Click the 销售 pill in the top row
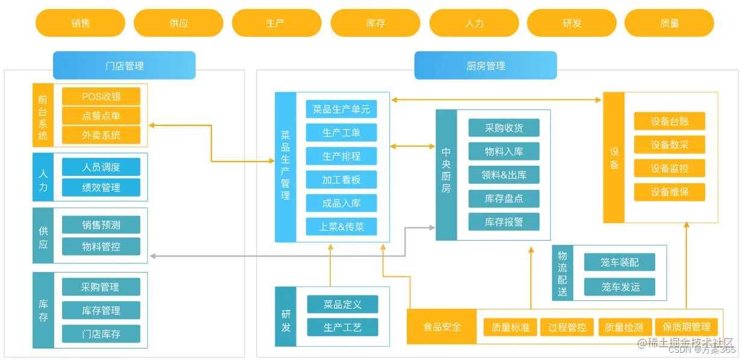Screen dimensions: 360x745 point(80,23)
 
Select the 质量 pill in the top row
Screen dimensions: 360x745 point(669,23)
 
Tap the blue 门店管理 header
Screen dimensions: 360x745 point(124,66)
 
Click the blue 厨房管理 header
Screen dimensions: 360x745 point(485,66)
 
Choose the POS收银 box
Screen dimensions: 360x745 point(101,96)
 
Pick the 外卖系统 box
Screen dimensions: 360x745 point(101,135)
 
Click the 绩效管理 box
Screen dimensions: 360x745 point(101,188)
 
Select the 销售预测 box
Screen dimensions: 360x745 point(101,225)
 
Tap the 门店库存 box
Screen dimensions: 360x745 point(101,333)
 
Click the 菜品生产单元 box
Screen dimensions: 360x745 point(341,109)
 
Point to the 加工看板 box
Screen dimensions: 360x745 point(341,180)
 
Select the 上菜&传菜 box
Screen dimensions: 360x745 point(341,227)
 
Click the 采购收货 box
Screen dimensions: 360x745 point(504,128)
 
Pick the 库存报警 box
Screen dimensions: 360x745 point(504,222)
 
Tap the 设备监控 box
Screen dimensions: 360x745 point(669,168)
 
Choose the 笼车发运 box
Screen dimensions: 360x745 point(619,286)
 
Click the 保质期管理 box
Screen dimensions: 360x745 point(686,327)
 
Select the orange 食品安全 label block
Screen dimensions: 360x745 point(442,327)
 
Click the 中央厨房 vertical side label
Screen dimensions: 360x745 point(446,175)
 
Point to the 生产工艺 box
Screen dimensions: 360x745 point(342,327)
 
